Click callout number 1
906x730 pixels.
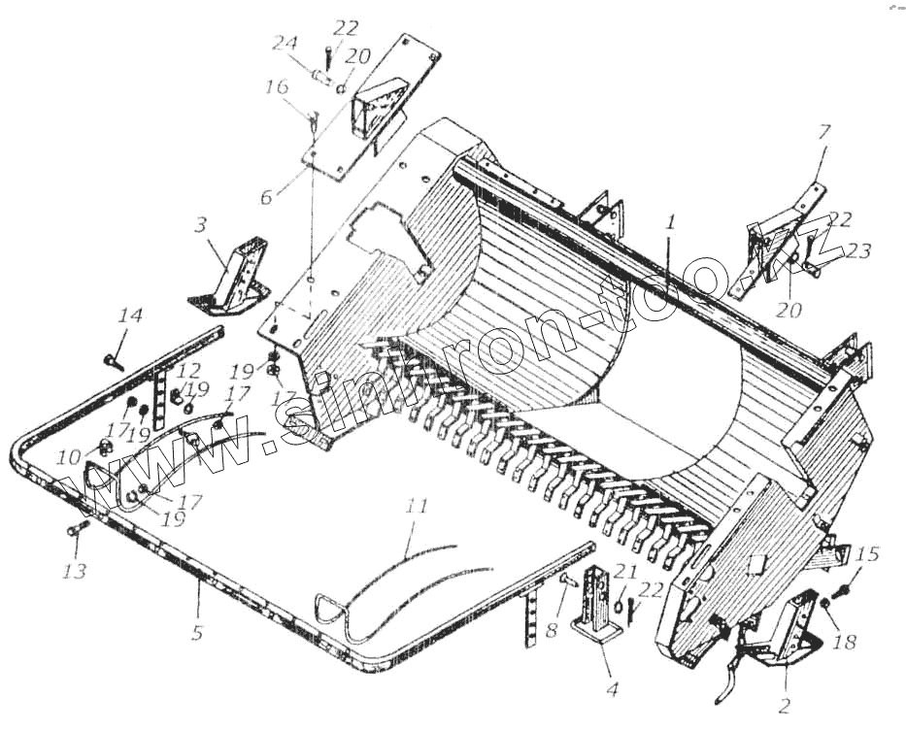pyautogui.click(x=669, y=221)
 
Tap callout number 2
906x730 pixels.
pyautogui.click(x=785, y=706)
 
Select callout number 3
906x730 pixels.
pyautogui.click(x=200, y=226)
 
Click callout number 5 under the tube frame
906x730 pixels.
pyautogui.click(x=197, y=633)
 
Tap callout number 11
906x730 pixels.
pyautogui.click(x=417, y=505)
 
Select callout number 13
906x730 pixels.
pyautogui.click(x=75, y=571)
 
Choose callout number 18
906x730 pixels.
pyautogui.click(x=846, y=643)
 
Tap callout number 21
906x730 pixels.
pyautogui.click(x=625, y=573)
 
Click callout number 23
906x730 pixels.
pyautogui.click(x=859, y=251)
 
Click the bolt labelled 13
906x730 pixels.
pyautogui.click(x=79, y=529)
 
